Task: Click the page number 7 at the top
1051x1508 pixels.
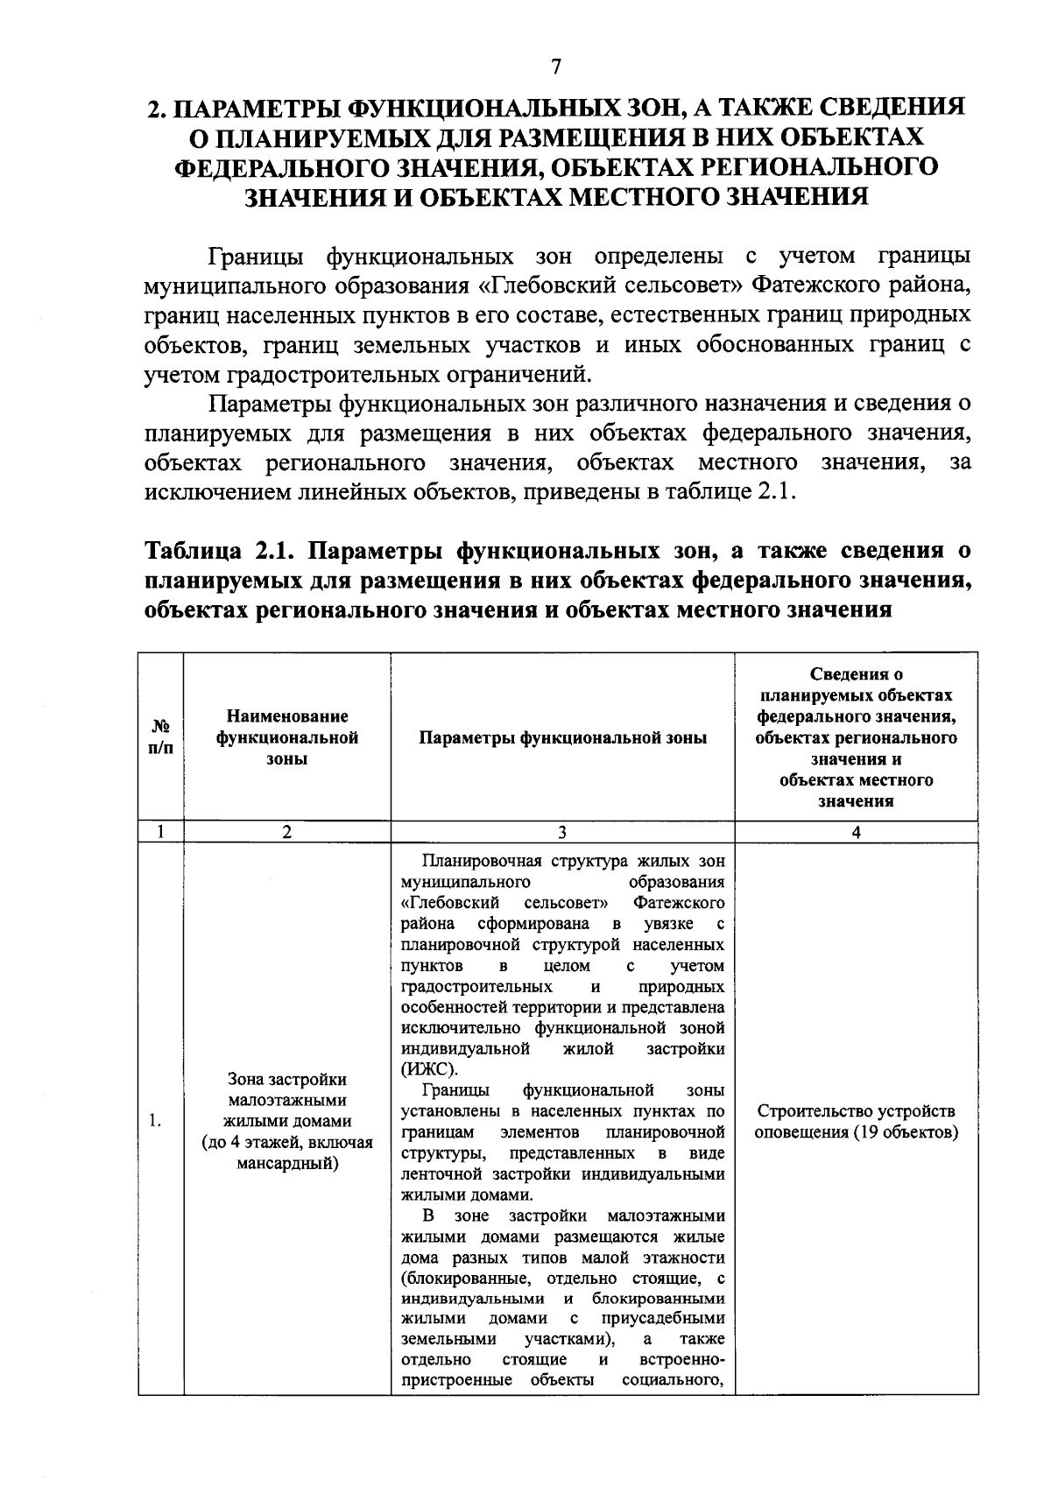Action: (555, 67)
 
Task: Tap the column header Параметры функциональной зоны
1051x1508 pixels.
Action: (561, 737)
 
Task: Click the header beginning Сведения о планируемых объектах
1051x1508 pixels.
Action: (855, 737)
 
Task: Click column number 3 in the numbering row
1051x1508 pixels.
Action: (561, 833)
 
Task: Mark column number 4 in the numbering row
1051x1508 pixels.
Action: (855, 833)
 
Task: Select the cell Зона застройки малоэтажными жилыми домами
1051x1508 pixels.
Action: (286, 1101)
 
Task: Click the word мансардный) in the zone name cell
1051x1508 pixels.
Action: (287, 1164)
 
